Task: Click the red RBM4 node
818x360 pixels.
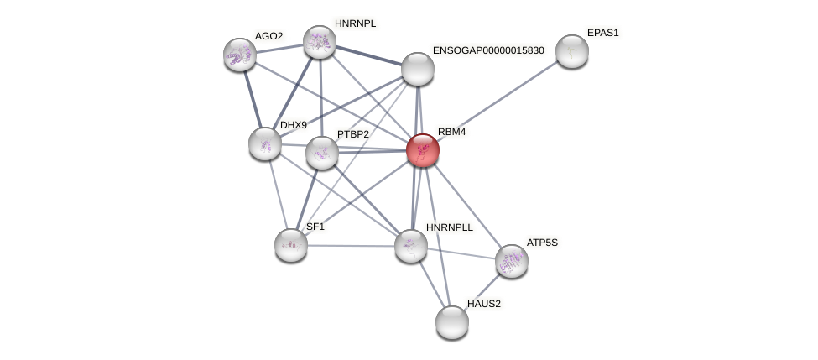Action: (422, 150)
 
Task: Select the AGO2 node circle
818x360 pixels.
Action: (239, 55)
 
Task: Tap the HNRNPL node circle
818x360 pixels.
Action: (319, 42)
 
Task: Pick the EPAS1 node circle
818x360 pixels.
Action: (571, 51)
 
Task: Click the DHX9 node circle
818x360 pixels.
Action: (265, 143)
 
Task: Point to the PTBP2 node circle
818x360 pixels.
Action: (321, 153)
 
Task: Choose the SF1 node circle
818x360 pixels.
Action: (290, 245)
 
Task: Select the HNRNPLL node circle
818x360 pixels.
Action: (410, 246)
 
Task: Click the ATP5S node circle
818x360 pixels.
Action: (511, 261)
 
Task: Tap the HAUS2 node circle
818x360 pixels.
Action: (451, 322)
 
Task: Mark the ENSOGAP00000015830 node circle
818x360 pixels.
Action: (417, 69)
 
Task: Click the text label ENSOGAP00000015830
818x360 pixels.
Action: (488, 50)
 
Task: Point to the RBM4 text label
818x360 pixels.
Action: (451, 132)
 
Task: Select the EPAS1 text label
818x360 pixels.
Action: (602, 33)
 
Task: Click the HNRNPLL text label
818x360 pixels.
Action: (450, 227)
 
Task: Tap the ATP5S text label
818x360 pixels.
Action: (541, 243)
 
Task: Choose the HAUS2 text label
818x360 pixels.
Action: (484, 304)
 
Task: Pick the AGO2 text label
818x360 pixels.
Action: (268, 36)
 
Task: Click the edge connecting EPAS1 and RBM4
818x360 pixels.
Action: (497, 101)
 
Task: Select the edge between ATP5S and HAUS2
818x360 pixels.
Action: (482, 291)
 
